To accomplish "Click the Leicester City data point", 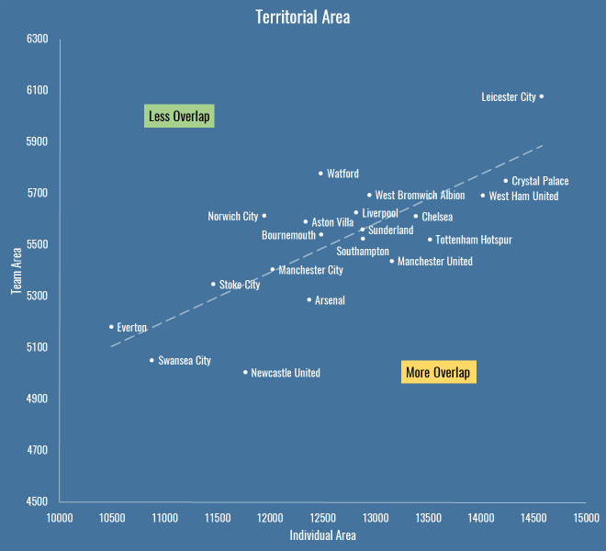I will tap(542, 96).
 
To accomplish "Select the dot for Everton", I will tap(111, 327).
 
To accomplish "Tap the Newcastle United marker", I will tap(245, 372).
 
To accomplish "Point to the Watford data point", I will tap(321, 173).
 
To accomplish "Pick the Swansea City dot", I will tap(152, 360).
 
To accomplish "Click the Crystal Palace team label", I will tap(540, 181).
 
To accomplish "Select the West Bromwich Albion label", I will tap(420, 196).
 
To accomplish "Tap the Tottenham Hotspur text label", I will tap(473, 240).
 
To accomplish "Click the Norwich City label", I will tap(233, 217).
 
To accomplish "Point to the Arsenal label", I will tap(330, 300).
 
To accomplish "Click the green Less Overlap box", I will tap(180, 117).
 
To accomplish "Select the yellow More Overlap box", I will tap(438, 373).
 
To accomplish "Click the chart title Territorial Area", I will tap(302, 17).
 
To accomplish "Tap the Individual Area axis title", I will tap(322, 535).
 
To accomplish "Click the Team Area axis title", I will tap(17, 270).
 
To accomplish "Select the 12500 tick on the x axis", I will tap(323, 519).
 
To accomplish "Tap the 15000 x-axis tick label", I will tap(586, 519).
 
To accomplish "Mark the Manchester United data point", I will tap(391, 261).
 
